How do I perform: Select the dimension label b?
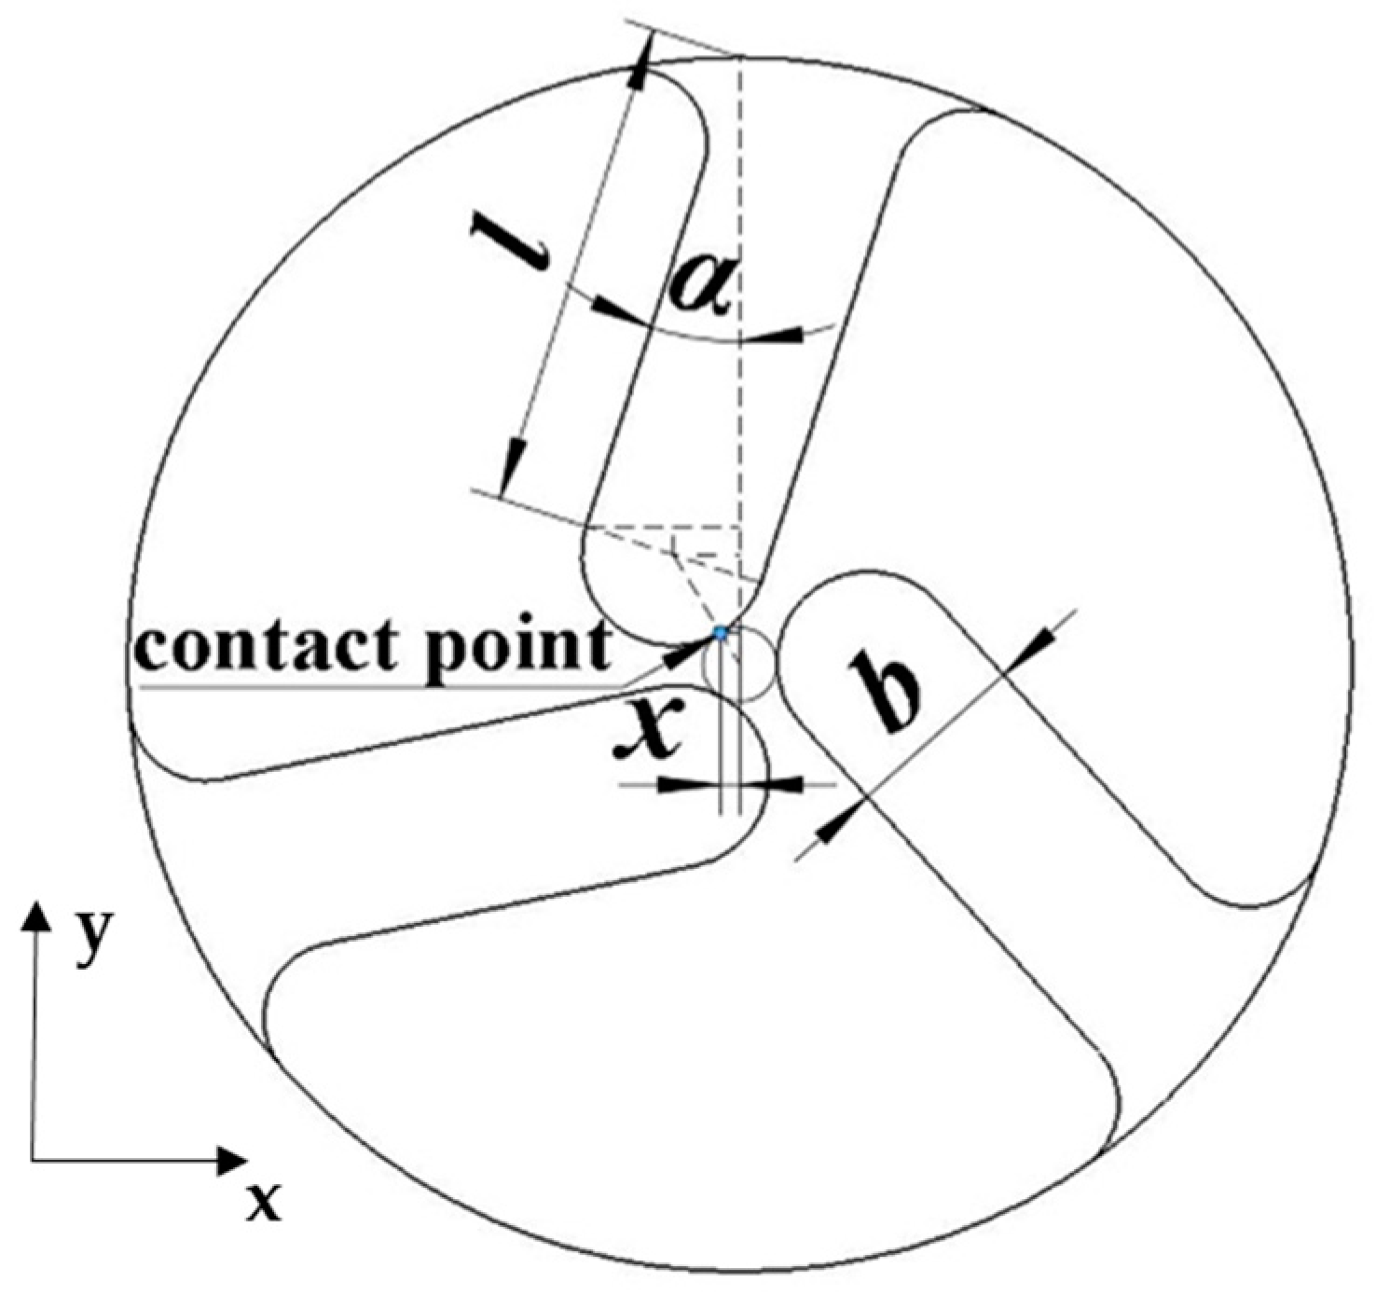(x=885, y=694)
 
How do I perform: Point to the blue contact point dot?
(x=720, y=633)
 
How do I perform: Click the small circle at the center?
(x=739, y=664)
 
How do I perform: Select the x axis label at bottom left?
(x=264, y=1203)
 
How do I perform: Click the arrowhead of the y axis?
(x=36, y=915)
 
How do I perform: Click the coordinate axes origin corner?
(x=34, y=1161)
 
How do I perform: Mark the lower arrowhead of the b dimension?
(x=836, y=822)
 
